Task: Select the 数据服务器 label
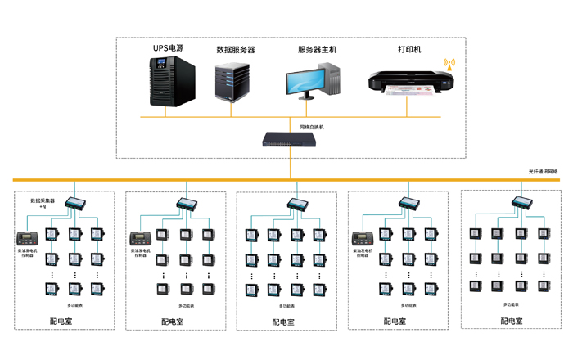point(235,49)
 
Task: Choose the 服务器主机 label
point(317,49)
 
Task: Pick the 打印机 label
point(409,49)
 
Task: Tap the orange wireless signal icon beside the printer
point(448,62)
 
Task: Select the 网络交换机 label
point(312,127)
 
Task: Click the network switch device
point(290,139)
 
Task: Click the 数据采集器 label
point(43,200)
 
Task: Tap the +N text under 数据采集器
point(43,208)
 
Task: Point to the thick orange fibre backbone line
point(205,180)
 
